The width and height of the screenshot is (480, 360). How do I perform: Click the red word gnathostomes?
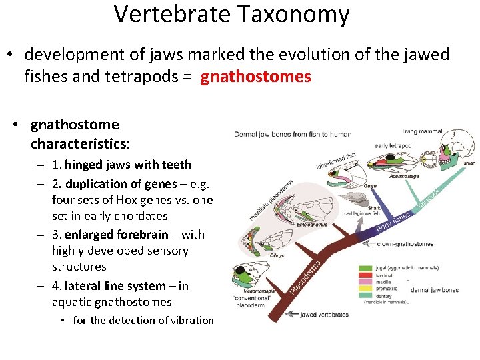(256, 77)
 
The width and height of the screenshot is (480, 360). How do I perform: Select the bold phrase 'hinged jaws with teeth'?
(128, 165)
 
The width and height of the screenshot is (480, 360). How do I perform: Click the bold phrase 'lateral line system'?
(115, 286)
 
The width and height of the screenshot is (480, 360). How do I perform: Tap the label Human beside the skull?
(467, 163)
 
